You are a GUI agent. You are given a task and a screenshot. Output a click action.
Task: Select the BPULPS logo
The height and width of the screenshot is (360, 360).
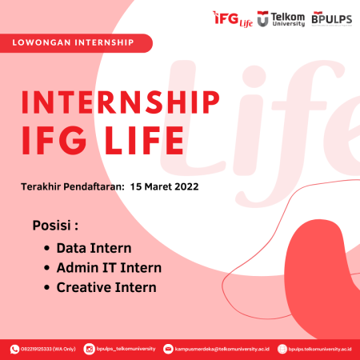click(330, 17)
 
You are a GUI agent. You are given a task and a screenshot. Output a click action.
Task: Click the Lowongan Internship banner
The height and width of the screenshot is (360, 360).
click(75, 42)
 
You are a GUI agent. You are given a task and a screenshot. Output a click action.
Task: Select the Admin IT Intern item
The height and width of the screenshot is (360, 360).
click(108, 268)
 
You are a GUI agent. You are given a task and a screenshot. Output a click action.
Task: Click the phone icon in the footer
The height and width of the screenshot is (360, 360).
click(14, 348)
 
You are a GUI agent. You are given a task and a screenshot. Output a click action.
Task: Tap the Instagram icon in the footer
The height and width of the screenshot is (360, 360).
click(89, 348)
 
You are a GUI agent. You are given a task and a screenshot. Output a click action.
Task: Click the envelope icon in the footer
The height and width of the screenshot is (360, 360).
click(167, 348)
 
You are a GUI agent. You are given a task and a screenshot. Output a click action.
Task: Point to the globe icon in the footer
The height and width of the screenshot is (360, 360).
click(281, 348)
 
